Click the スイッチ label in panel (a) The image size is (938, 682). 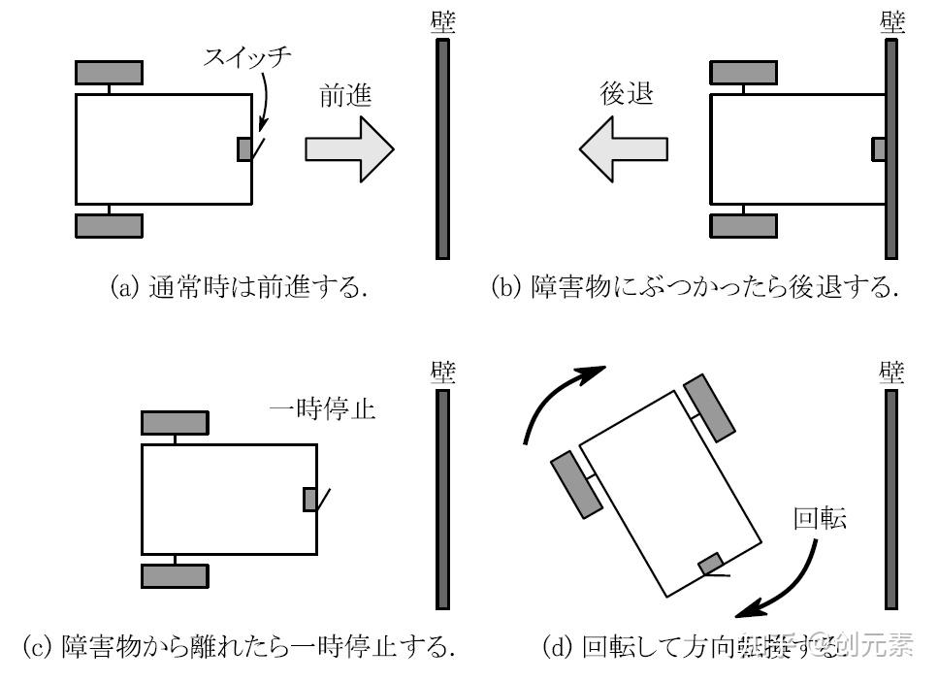[x=246, y=56]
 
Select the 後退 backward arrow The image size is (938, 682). [x=624, y=148]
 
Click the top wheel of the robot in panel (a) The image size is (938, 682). [x=109, y=72]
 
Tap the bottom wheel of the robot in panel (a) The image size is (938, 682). [x=109, y=225]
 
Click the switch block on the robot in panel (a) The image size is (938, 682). [x=244, y=148]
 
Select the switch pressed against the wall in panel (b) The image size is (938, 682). [x=879, y=148]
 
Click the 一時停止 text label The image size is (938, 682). [x=322, y=409]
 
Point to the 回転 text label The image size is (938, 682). [x=820, y=518]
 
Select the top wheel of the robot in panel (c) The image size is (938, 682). [x=175, y=423]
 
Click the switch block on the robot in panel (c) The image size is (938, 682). [x=310, y=500]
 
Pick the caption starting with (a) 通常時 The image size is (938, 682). [x=240, y=288]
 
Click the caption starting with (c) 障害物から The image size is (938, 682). [x=239, y=645]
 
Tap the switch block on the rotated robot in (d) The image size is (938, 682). [x=711, y=564]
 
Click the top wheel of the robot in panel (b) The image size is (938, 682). [x=743, y=72]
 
